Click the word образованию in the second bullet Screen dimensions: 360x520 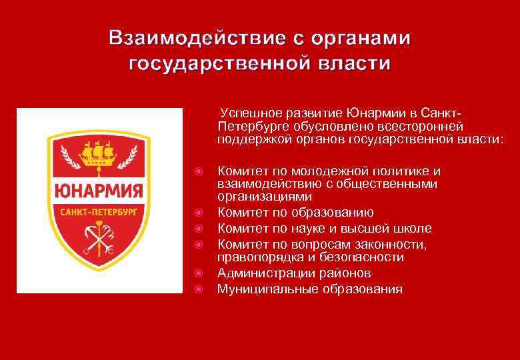[349, 213]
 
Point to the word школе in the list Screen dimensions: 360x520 [412, 228]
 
